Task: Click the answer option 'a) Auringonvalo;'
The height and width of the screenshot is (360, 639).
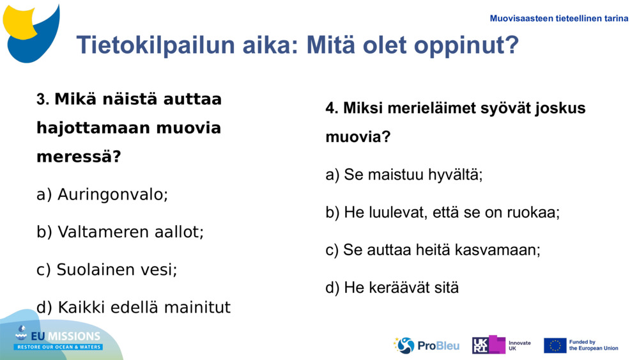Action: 102,194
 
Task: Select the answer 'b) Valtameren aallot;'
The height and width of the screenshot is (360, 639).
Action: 120,232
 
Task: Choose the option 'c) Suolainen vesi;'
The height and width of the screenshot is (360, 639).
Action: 107,270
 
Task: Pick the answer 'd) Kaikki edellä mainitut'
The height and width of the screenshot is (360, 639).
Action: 134,308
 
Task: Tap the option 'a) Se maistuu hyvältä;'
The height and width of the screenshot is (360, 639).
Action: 404,175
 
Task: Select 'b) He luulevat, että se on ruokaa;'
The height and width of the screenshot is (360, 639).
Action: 442,212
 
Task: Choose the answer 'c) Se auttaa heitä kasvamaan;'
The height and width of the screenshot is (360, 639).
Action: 433,250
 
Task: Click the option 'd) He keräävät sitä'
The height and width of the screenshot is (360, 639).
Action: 392,288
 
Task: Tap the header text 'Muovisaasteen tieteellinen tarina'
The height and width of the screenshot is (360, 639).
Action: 558,19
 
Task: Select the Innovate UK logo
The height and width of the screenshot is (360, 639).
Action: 502,345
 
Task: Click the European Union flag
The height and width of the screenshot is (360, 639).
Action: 555,345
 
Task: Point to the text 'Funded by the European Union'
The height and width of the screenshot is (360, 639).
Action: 594,345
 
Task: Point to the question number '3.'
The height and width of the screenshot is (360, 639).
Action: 43,100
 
